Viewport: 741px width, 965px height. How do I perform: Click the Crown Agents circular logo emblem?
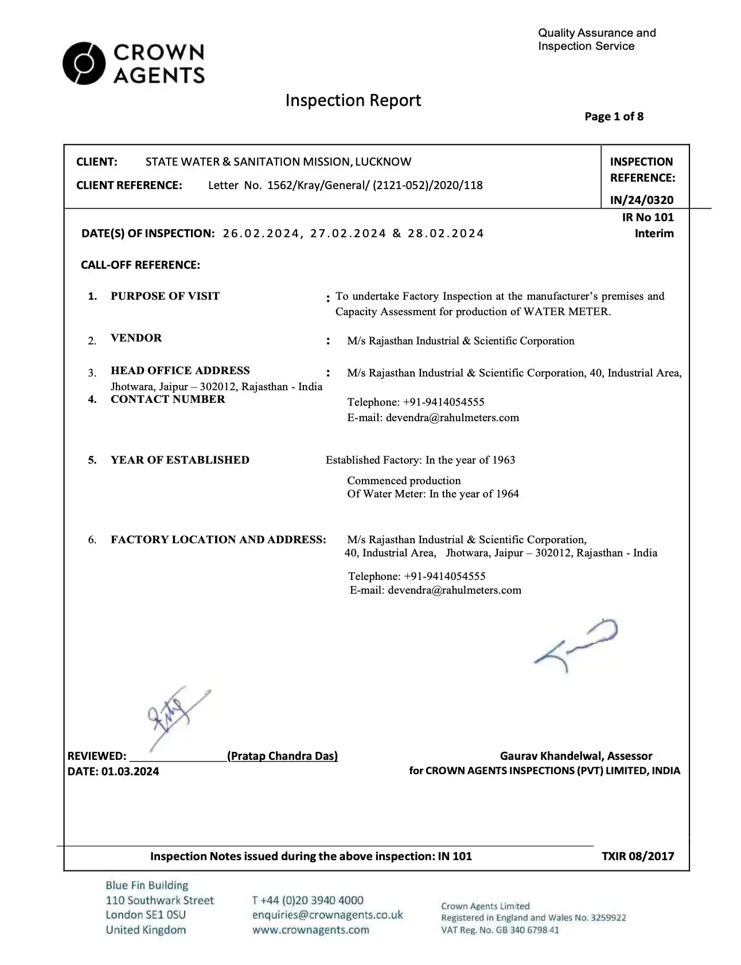pyautogui.click(x=84, y=63)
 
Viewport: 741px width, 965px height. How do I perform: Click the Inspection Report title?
pyautogui.click(x=353, y=101)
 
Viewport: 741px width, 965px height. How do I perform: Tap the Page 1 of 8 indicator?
pyautogui.click(x=614, y=117)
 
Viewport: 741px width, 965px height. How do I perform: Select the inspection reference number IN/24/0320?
pyautogui.click(x=641, y=200)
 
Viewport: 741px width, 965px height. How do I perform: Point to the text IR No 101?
pyautogui.click(x=648, y=217)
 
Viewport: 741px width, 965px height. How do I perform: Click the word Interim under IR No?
pyautogui.click(x=654, y=233)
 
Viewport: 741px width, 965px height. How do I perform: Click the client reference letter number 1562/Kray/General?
pyautogui.click(x=315, y=185)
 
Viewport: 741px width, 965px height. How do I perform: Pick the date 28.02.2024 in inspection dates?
pyautogui.click(x=446, y=233)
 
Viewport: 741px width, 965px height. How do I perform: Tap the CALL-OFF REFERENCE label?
pyautogui.click(x=141, y=265)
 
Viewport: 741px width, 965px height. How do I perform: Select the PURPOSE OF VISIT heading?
pyautogui.click(x=165, y=296)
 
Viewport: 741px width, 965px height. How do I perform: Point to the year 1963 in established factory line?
pyautogui.click(x=503, y=460)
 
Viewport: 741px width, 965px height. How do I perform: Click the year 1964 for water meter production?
pyautogui.click(x=507, y=494)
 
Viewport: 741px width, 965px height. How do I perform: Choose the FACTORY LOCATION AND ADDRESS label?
pyautogui.click(x=218, y=540)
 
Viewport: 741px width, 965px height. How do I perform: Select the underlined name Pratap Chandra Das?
pyautogui.click(x=282, y=756)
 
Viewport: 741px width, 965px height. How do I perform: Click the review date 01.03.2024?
pyautogui.click(x=130, y=771)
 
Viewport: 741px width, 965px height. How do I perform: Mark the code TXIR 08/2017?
pyautogui.click(x=637, y=856)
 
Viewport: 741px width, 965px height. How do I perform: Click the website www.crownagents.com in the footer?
pyautogui.click(x=310, y=930)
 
